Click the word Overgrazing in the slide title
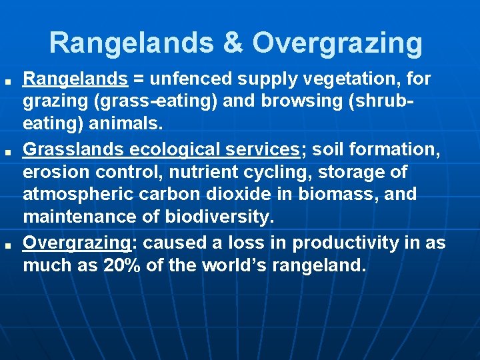pyautogui.click(x=337, y=43)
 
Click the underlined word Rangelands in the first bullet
pyautogui.click(x=75, y=79)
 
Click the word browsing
pyautogui.click(x=278, y=103)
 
